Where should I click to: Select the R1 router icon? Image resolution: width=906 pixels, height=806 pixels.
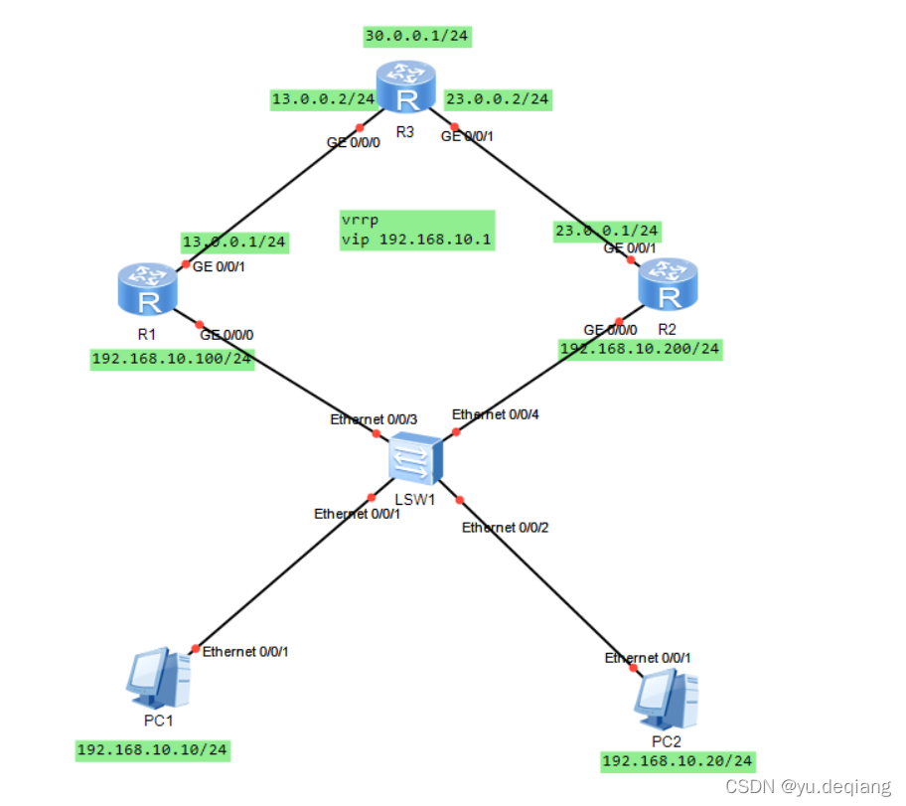coord(148,289)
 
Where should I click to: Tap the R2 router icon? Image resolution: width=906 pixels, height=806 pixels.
coord(669,283)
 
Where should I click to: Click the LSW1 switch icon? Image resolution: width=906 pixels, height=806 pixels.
coord(414,459)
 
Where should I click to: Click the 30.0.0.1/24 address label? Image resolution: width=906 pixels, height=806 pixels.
coord(416,37)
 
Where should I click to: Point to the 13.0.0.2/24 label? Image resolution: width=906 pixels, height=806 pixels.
coord(323,99)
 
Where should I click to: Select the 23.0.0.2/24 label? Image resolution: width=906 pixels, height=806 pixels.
coord(497,99)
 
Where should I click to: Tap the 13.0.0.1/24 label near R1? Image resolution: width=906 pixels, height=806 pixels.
coord(234,242)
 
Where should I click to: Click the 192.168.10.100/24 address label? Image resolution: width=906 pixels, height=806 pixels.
coord(171,359)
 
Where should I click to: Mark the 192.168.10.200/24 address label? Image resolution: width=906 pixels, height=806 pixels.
coord(640,349)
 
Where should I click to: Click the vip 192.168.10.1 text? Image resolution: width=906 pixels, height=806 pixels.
coord(416,240)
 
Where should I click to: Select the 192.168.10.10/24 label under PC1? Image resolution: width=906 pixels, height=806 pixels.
coord(152,749)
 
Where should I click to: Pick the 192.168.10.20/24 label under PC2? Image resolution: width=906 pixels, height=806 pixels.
coord(678,761)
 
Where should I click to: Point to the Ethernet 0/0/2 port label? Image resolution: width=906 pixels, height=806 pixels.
coord(505,528)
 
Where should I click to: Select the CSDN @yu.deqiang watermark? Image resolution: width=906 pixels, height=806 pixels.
coord(808,787)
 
